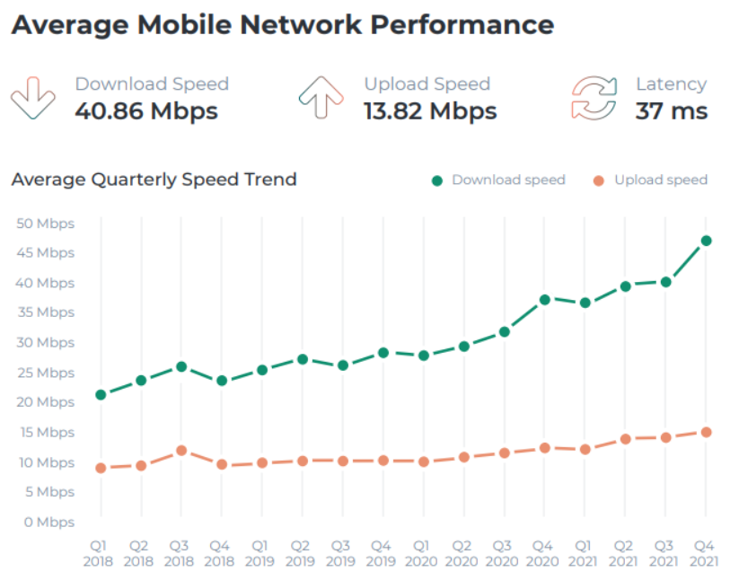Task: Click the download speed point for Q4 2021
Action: click(706, 241)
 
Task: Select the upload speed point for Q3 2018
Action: click(181, 450)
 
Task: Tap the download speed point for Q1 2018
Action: click(101, 394)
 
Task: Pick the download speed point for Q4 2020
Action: click(544, 299)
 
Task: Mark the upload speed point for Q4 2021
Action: click(706, 432)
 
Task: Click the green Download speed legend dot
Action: click(437, 180)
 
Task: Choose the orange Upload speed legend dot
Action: click(599, 180)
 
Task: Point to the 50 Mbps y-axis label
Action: click(45, 224)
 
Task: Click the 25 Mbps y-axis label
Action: click(45, 373)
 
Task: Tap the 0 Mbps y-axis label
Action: click(48, 522)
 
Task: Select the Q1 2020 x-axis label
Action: click(420, 552)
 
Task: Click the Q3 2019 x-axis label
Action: click(340, 552)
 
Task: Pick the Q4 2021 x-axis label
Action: click(705, 552)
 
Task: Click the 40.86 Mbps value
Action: click(146, 111)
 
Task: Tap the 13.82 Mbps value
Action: click(430, 111)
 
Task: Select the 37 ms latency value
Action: click(672, 111)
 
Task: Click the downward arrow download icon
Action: click(33, 98)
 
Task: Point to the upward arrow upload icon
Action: click(321, 98)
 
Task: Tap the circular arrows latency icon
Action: click(594, 98)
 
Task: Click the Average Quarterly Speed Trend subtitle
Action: click(154, 180)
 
